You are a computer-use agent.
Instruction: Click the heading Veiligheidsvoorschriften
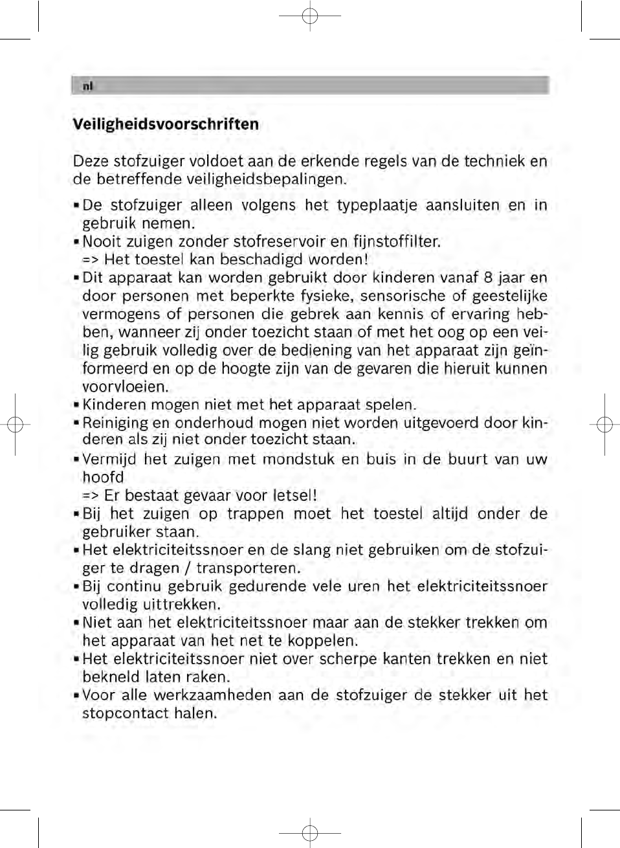[166, 124]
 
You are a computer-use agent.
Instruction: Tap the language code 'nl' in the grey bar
[88, 86]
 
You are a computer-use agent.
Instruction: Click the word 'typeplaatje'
[375, 206]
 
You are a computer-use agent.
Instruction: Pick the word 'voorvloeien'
[124, 387]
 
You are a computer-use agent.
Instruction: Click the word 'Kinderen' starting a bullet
[114, 405]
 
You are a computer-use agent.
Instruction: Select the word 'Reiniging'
[115, 423]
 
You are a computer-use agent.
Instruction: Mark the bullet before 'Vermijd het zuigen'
[76, 460]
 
